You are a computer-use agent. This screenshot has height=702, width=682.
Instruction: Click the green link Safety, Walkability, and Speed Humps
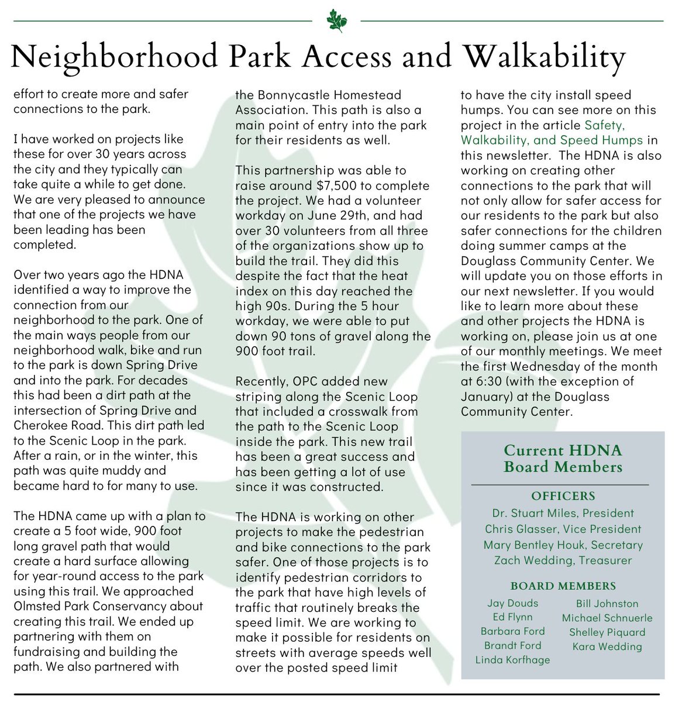coord(552,133)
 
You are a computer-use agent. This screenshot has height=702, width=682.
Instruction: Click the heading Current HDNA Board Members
coord(563,459)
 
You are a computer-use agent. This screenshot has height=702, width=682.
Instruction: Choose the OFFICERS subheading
coord(563,496)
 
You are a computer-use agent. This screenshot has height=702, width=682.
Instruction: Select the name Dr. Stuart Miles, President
coord(563,513)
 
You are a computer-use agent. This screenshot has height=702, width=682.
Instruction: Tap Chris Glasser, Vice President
coord(563,529)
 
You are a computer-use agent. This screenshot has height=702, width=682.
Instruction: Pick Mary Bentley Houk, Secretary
coord(563,545)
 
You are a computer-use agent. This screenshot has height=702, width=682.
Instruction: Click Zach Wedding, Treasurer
coord(563,560)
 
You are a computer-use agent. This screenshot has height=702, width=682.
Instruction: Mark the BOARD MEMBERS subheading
coord(563,586)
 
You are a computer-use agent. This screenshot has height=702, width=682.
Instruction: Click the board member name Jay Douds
coord(512,603)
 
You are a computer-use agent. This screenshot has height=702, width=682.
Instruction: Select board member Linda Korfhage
coord(512,660)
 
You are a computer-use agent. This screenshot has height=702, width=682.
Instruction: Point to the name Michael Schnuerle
coord(607,618)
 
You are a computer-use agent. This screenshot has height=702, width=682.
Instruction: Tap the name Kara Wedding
coord(607,646)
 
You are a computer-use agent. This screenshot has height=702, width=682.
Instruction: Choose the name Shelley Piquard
coord(607,632)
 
